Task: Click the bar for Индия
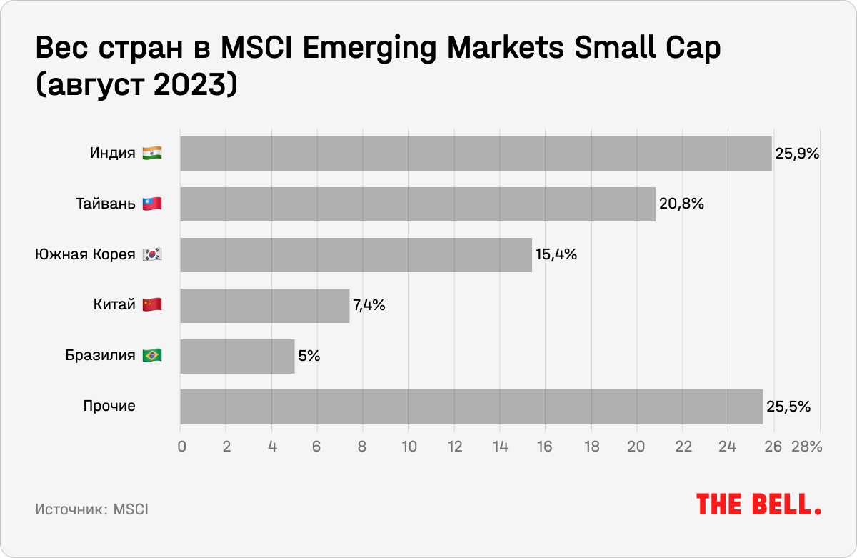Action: point(476,154)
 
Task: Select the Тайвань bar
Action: point(418,204)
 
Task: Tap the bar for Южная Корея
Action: point(356,255)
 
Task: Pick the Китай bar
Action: point(264,306)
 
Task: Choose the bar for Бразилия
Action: point(237,357)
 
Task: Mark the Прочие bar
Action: point(471,407)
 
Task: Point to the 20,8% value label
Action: point(681,204)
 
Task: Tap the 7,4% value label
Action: point(369,306)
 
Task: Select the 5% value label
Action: point(309,357)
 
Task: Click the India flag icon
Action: point(152,154)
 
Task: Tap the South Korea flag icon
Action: point(152,255)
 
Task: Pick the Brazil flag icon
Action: point(152,356)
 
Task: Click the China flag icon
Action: point(152,305)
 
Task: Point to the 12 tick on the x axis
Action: point(454,447)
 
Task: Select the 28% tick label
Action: point(806,447)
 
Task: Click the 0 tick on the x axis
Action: point(181,447)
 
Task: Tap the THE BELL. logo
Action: point(758,504)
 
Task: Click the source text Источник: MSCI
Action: point(91,510)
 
